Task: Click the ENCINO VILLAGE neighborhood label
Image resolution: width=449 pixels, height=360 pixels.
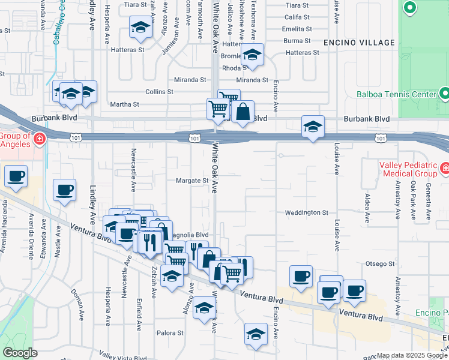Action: pos(359,43)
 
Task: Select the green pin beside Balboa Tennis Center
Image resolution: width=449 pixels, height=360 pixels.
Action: pos(444,93)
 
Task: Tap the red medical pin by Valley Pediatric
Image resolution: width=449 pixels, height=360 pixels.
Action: pos(444,167)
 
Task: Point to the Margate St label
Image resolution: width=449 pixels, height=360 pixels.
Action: pos(192,180)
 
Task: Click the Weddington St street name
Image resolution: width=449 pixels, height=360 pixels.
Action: pos(306,212)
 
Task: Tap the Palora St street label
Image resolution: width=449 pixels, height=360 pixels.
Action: pos(170,333)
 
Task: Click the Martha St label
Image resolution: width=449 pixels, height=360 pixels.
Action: pos(124,104)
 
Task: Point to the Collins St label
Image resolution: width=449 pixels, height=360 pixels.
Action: pos(159,92)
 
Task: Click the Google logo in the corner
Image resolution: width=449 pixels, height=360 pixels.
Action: pos(20,353)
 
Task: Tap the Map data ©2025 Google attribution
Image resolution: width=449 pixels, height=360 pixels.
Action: pos(412,355)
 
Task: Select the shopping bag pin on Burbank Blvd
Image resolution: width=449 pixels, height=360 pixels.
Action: pos(243,112)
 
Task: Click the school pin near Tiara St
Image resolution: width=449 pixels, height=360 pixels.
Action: pos(140,28)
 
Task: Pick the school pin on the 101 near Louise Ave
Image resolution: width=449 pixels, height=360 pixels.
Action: pos(313,127)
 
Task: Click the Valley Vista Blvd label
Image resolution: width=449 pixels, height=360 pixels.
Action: pos(122,358)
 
